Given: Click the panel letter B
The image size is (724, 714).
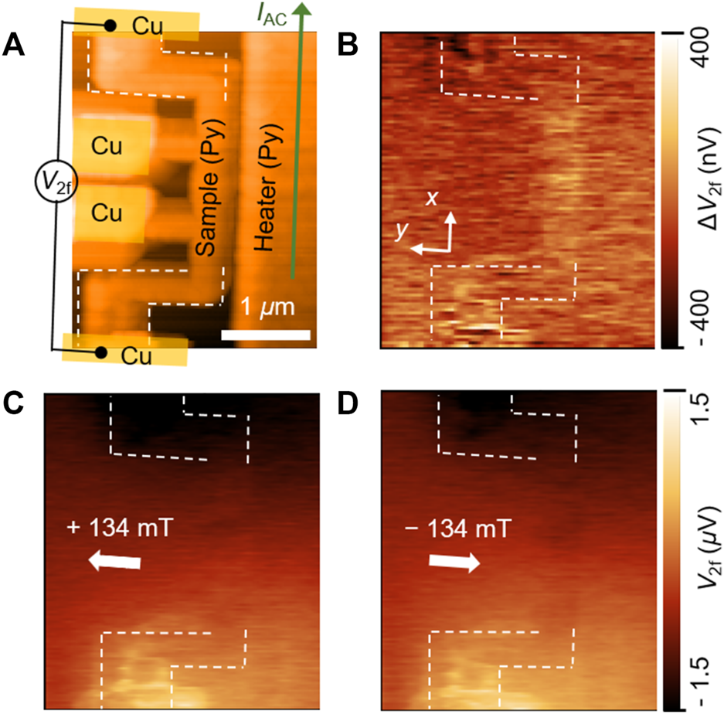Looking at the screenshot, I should (348, 45).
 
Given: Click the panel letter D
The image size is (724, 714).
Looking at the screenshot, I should (348, 403).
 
